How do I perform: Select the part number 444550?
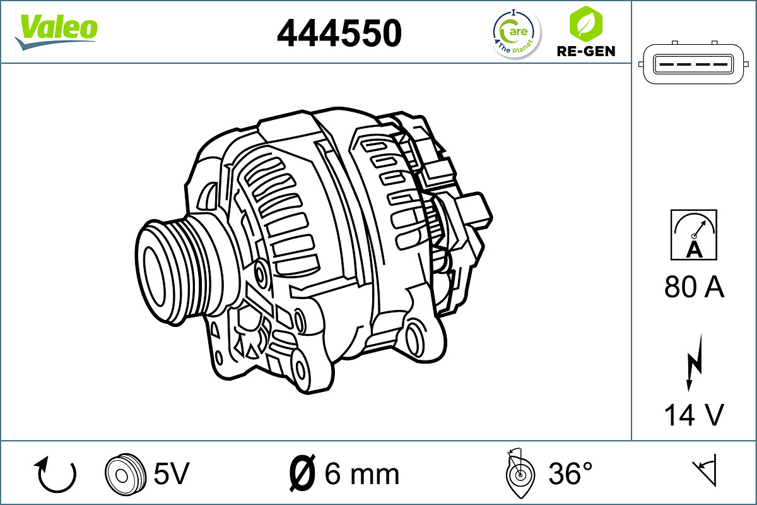pos(339,33)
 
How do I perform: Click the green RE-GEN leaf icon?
pos(585,23)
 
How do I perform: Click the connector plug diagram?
pos(694,64)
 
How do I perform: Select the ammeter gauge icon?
pos(694,234)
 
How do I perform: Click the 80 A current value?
pos(694,287)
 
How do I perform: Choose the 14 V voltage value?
pos(694,415)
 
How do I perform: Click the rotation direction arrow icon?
pos(57,474)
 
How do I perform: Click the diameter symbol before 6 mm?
pos(302,473)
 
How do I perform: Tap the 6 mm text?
pos(361,473)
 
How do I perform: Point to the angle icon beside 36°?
pos(519,472)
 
